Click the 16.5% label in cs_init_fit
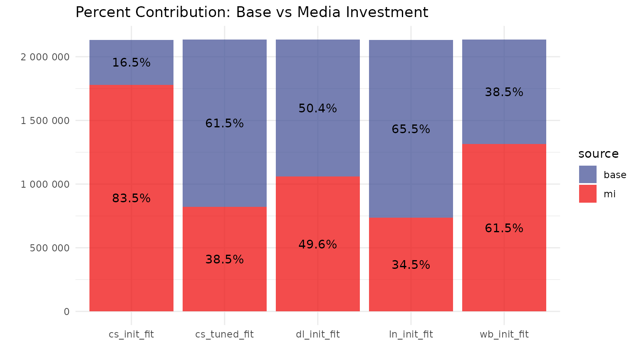click(x=131, y=63)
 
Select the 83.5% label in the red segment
click(x=131, y=199)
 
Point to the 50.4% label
click(x=317, y=109)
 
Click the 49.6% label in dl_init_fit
click(x=317, y=245)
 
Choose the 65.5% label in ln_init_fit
click(x=411, y=129)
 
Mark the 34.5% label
click(x=411, y=265)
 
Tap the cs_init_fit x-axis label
click(x=131, y=334)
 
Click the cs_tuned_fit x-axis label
click(x=224, y=334)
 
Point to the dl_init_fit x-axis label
click(x=317, y=334)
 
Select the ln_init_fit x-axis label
click(x=411, y=334)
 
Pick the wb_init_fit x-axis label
click(x=504, y=334)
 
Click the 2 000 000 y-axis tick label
click(x=45, y=57)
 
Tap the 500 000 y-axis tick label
click(x=50, y=248)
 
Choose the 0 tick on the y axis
click(x=67, y=312)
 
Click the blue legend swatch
click(x=587, y=174)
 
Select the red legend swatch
click(x=587, y=194)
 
